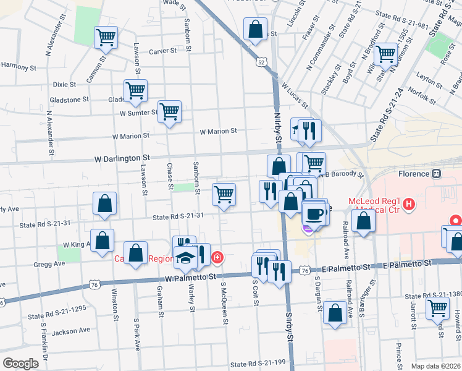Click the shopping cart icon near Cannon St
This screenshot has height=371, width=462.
[x=106, y=37]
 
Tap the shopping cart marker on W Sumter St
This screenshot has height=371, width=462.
[x=169, y=112]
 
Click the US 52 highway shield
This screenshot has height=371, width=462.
[x=262, y=62]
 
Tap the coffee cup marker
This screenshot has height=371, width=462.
[x=314, y=215]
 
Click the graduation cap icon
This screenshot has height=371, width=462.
[x=184, y=258]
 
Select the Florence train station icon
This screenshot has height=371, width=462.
[x=437, y=174]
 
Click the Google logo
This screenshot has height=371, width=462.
[x=20, y=364]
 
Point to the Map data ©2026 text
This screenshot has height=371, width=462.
[x=435, y=365]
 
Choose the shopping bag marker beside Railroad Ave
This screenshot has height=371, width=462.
[x=364, y=221]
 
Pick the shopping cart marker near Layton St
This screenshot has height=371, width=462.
[x=385, y=53]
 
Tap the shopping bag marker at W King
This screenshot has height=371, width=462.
[x=102, y=240]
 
